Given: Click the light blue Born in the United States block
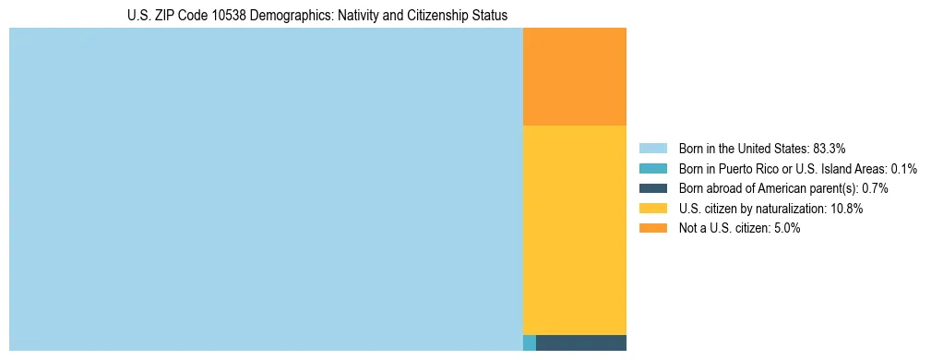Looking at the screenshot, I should tap(266, 189).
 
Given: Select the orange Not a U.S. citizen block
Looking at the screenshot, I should tap(574, 77).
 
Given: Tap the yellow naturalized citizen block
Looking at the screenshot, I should tap(574, 229).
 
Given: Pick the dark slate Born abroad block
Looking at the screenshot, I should tap(580, 342).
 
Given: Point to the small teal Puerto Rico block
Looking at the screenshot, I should tap(529, 342).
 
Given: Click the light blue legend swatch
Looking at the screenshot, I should tap(652, 149).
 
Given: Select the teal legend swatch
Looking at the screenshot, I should tap(652, 169).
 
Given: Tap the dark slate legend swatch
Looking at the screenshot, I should tap(652, 188).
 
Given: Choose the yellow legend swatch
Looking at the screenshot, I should tap(652, 209).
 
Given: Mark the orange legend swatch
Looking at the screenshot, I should tap(652, 228).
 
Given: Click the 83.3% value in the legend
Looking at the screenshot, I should tap(829, 149).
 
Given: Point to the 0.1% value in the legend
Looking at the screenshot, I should tap(904, 169).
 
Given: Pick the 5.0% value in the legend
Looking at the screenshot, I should tap(785, 228).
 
